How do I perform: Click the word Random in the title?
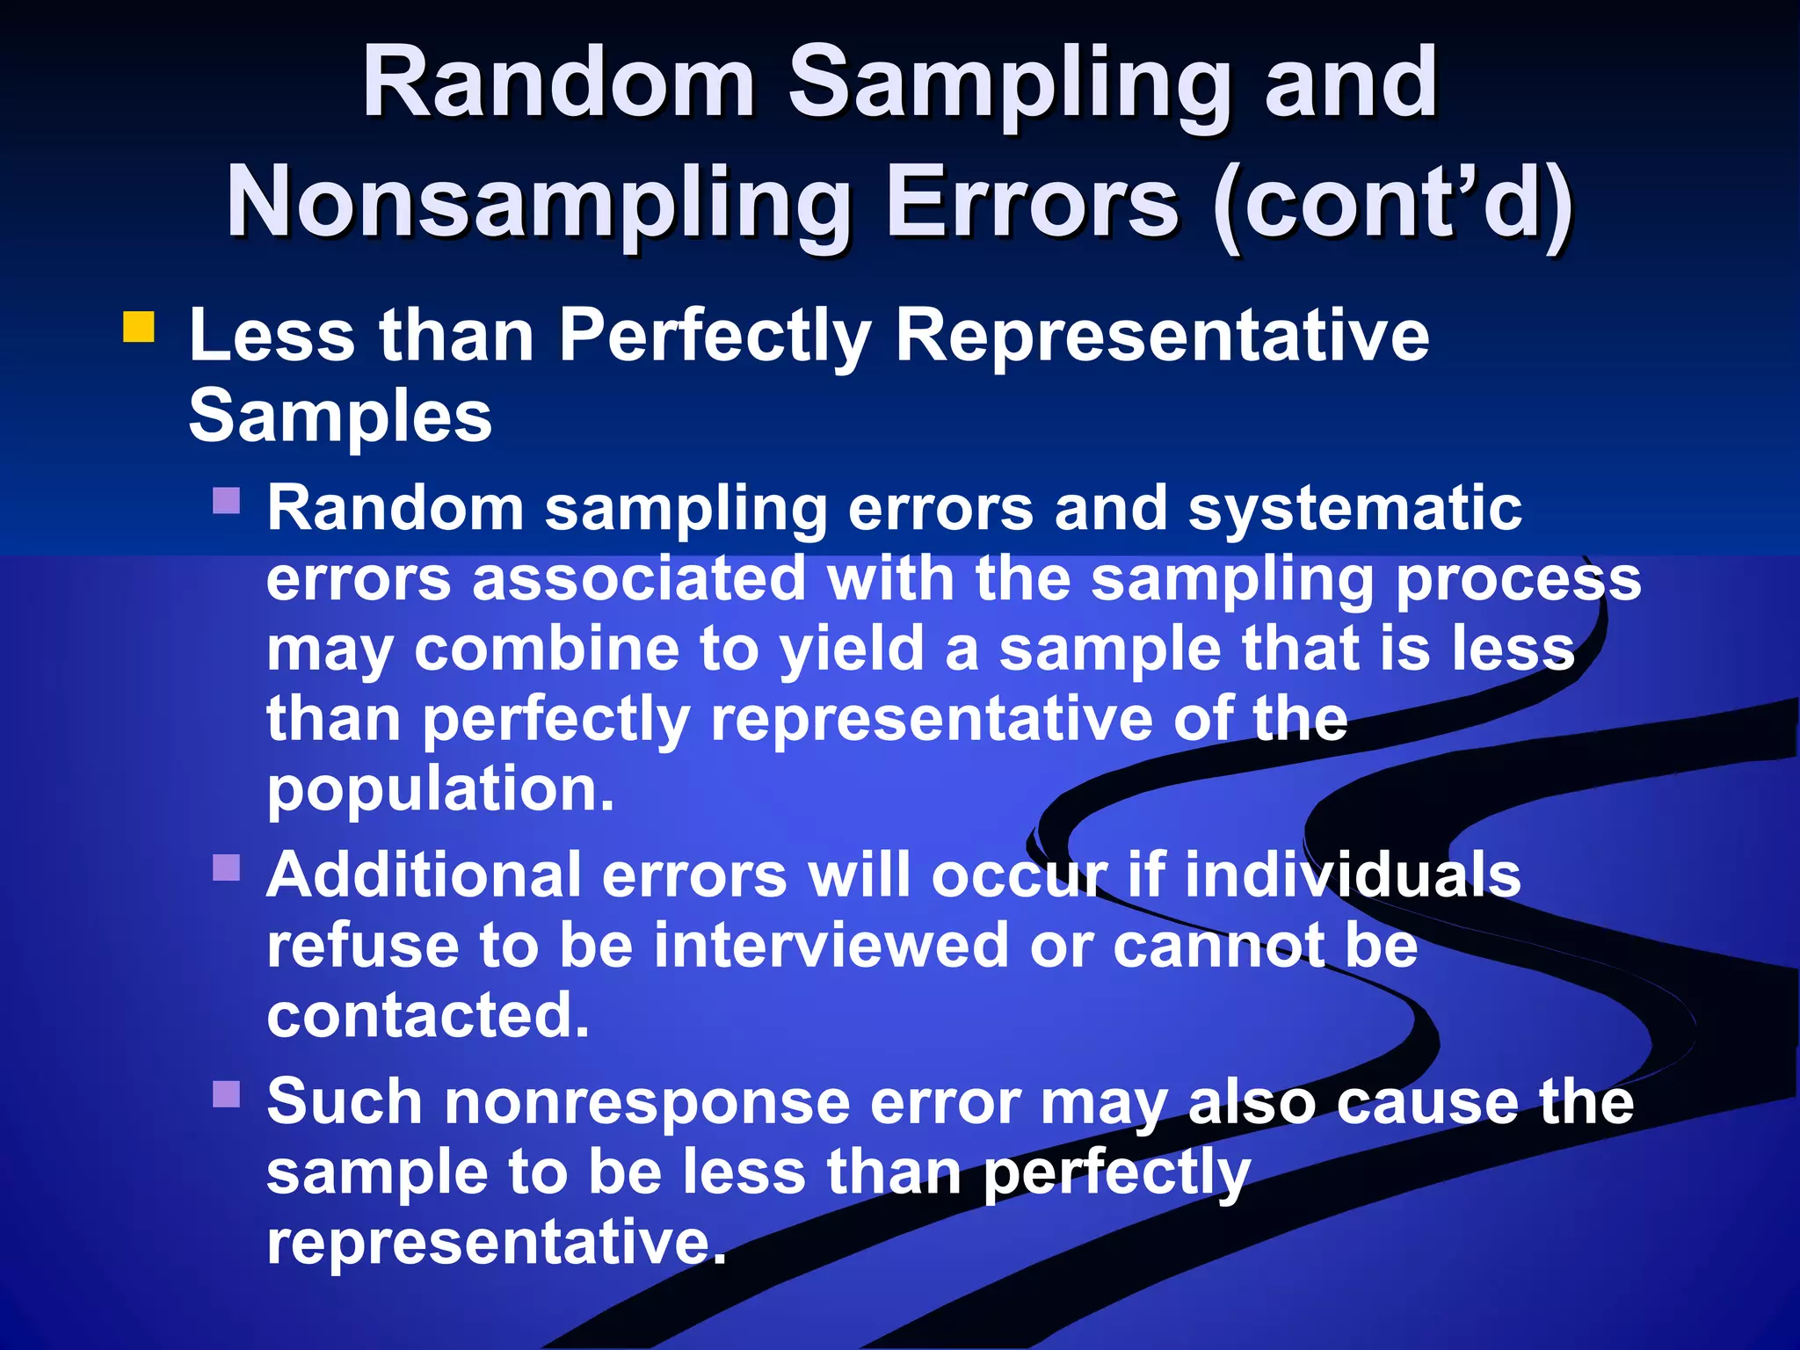tap(559, 83)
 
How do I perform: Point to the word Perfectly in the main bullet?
tap(715, 336)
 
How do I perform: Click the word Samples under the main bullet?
tap(340, 416)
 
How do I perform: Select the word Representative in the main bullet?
tap(1162, 336)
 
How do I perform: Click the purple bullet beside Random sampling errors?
tap(227, 501)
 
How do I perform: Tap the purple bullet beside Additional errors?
tap(227, 867)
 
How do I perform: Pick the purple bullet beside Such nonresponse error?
tap(227, 1094)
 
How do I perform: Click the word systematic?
tap(1354, 509)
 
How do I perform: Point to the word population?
tap(439, 790)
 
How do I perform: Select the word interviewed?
tap(831, 947)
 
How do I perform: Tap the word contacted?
tap(427, 1016)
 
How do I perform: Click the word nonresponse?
tap(646, 1102)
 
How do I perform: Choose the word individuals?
tap(1353, 875)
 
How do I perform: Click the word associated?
tap(639, 580)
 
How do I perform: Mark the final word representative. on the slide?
tap(497, 1243)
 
